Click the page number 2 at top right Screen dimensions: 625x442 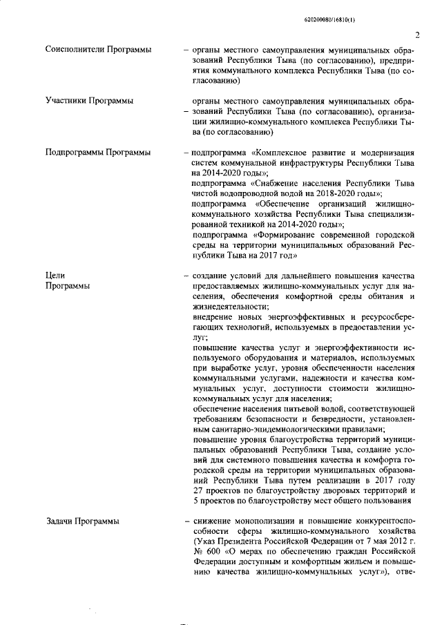(x=418, y=35)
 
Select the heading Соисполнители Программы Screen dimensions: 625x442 (x=98, y=50)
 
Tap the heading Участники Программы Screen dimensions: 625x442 (x=89, y=101)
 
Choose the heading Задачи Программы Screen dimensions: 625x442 (x=81, y=521)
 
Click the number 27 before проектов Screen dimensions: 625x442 (x=199, y=490)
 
